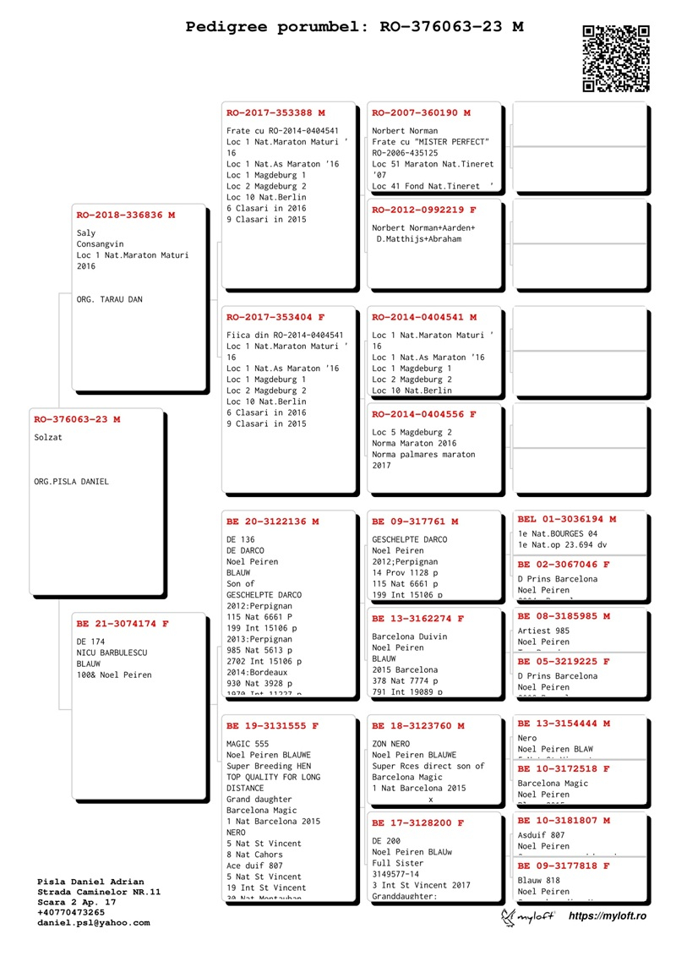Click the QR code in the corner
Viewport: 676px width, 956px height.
click(x=616, y=58)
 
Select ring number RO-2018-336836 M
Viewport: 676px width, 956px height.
click(x=126, y=215)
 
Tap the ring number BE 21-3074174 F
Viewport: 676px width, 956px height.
click(x=123, y=624)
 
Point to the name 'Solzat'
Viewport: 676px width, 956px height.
click(x=48, y=437)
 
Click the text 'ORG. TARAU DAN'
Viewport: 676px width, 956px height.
click(x=109, y=299)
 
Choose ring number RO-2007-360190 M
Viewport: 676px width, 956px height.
click(x=421, y=112)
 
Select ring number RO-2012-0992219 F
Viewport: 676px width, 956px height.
click(x=424, y=210)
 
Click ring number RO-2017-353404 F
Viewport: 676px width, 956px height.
click(x=275, y=317)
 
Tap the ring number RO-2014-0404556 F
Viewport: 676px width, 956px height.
click(x=424, y=414)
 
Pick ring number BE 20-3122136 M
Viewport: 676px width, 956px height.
click(x=272, y=522)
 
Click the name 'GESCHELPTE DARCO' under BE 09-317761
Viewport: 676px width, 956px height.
click(x=410, y=539)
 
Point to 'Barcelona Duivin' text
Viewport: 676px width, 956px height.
click(x=410, y=636)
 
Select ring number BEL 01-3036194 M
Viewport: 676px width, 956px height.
click(x=567, y=518)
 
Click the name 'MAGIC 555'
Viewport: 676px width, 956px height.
click(x=245, y=744)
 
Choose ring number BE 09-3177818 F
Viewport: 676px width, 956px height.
click(x=564, y=866)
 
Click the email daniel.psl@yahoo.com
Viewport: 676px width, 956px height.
click(x=93, y=922)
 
